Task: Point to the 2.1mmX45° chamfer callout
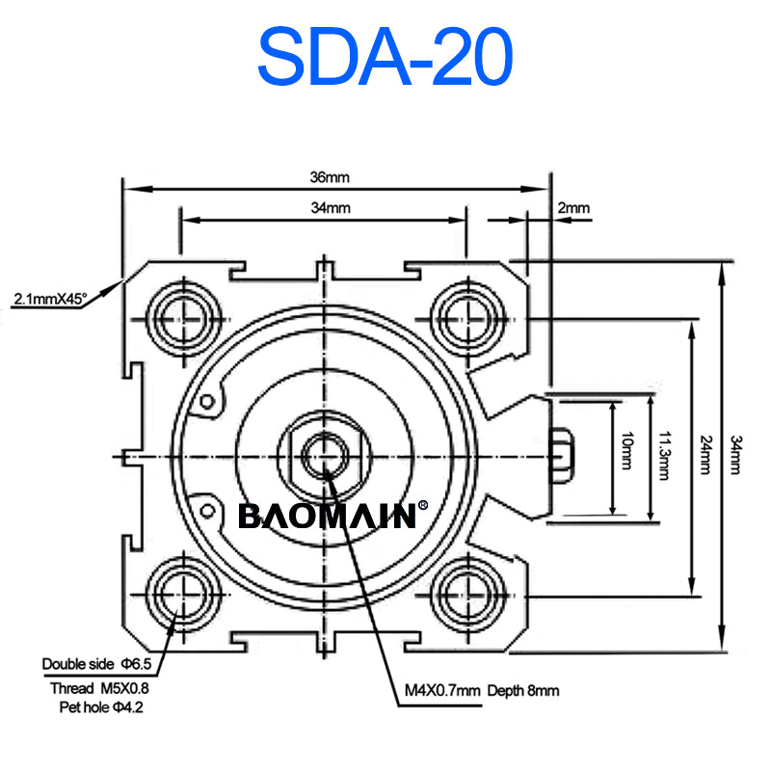50,300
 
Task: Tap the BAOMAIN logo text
327,516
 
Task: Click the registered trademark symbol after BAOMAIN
421,505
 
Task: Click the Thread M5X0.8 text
99,688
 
